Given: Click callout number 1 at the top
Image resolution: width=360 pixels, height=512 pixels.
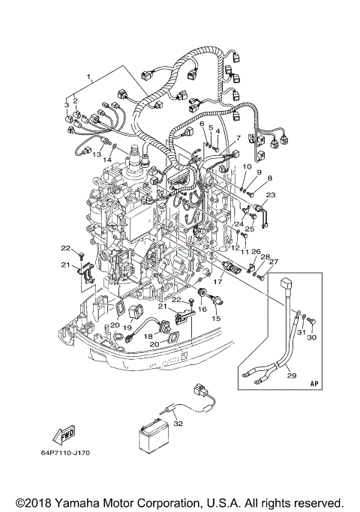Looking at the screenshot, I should [x=90, y=77].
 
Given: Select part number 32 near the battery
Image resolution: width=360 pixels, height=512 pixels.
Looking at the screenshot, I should [x=177, y=424].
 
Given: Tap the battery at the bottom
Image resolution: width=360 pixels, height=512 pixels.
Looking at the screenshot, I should [x=155, y=442].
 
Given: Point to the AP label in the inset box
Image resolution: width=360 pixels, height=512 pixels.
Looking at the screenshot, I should [x=314, y=382].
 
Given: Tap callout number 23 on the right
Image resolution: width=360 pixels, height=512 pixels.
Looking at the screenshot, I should [x=271, y=195].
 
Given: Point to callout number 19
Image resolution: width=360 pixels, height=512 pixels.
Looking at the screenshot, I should [x=128, y=328].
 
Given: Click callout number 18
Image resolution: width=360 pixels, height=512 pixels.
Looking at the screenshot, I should [x=148, y=337].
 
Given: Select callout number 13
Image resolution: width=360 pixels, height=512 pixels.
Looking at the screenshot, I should [x=96, y=154].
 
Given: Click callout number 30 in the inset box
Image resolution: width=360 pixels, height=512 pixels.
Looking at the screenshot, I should [x=313, y=337].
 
